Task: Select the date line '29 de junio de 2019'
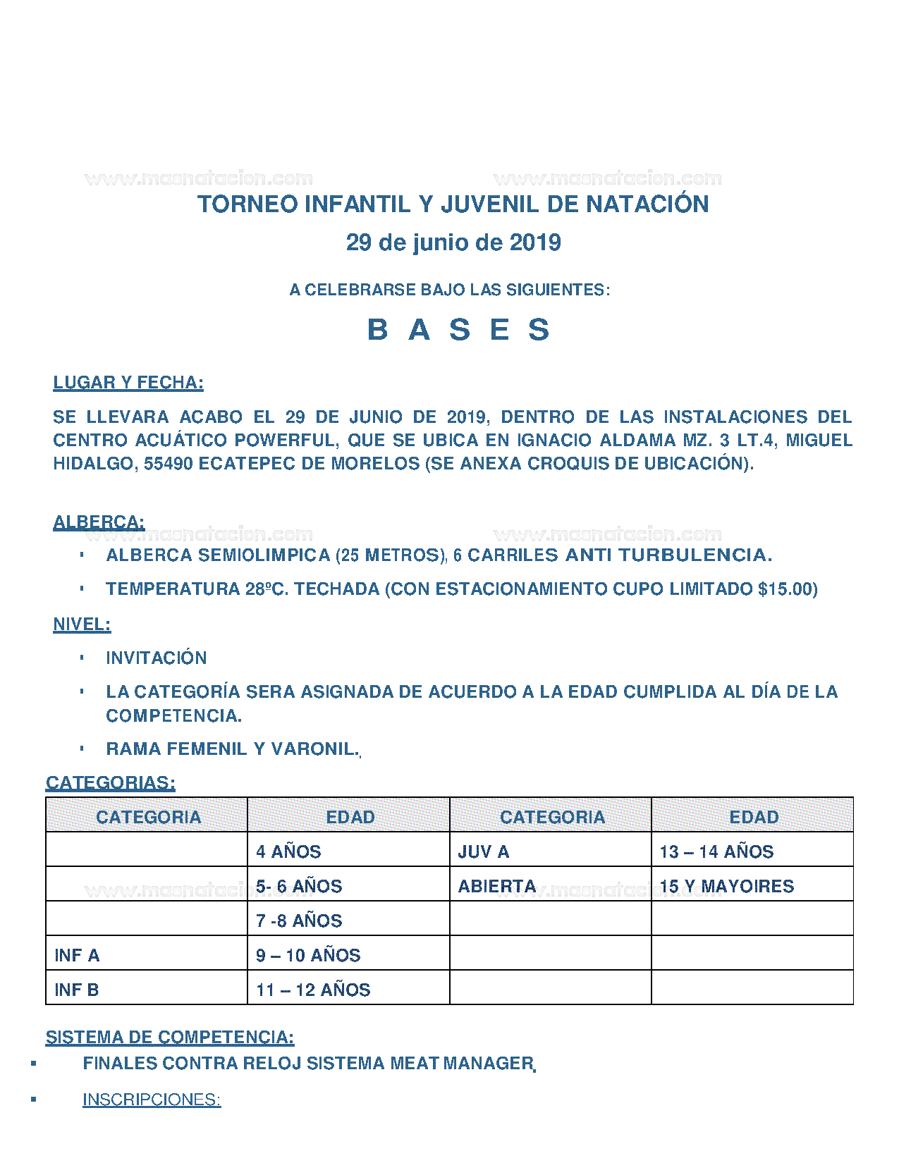coord(453,242)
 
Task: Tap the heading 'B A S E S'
coord(458,330)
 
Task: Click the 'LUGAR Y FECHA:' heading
coord(128,383)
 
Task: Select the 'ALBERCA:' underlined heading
coord(99,522)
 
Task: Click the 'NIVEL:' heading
coord(82,624)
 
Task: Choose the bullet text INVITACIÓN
coord(157,658)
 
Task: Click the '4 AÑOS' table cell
coord(288,852)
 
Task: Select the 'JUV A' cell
coord(484,852)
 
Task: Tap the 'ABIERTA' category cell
coord(497,887)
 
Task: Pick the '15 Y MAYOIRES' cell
coord(727,887)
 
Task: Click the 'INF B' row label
coord(77,990)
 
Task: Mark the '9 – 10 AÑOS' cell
coord(308,956)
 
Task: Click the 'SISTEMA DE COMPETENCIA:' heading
coord(170,1038)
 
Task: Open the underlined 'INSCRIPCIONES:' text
coord(152,1100)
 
